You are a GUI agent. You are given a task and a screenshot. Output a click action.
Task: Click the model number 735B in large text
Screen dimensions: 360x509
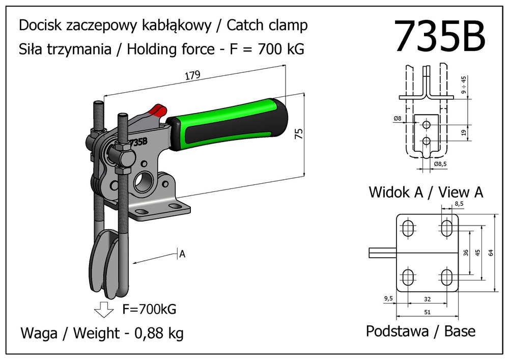[440, 37]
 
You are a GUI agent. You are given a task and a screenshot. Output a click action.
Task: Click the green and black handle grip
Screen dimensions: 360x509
[229, 124]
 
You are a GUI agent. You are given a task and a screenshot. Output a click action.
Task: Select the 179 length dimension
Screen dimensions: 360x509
[193, 75]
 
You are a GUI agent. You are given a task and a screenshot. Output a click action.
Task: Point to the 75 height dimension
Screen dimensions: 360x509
[299, 134]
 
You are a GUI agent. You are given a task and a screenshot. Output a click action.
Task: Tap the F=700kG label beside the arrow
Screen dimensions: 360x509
[149, 309]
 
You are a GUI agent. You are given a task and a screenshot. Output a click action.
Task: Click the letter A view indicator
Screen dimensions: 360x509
[182, 254]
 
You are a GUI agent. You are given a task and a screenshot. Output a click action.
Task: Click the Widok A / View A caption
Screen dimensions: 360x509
[426, 192]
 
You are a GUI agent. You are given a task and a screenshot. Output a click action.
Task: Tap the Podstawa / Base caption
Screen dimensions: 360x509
[420, 331]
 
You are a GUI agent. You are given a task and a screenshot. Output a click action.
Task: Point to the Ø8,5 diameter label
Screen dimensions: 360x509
[441, 164]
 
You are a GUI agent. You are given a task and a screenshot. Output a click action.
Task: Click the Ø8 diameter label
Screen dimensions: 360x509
[398, 119]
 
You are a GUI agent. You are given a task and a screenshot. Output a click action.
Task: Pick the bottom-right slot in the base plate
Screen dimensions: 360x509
[446, 278]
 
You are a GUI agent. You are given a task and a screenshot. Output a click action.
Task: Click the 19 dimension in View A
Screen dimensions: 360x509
[463, 132]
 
